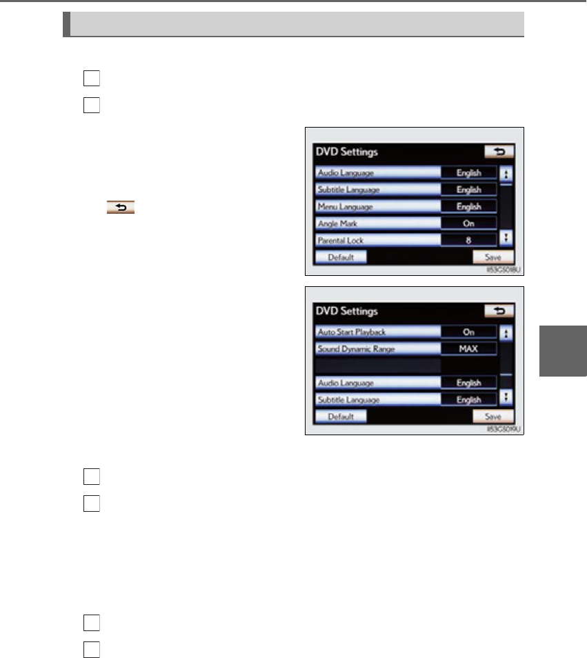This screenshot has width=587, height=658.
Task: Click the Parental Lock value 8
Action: click(x=469, y=240)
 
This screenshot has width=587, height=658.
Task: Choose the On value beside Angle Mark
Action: click(x=469, y=223)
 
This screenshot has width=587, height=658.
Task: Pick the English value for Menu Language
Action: click(x=469, y=206)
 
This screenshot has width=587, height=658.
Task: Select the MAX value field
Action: click(x=469, y=348)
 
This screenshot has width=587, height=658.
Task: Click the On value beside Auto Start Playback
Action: click(x=469, y=332)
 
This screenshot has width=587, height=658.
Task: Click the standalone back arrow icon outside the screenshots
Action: click(x=120, y=206)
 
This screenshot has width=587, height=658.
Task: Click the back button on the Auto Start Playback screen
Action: click(x=499, y=311)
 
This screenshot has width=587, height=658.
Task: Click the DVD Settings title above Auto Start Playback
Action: click(x=347, y=311)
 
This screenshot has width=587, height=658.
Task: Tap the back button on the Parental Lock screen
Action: click(x=499, y=152)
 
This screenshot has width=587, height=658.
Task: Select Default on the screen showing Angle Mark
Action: click(x=341, y=257)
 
